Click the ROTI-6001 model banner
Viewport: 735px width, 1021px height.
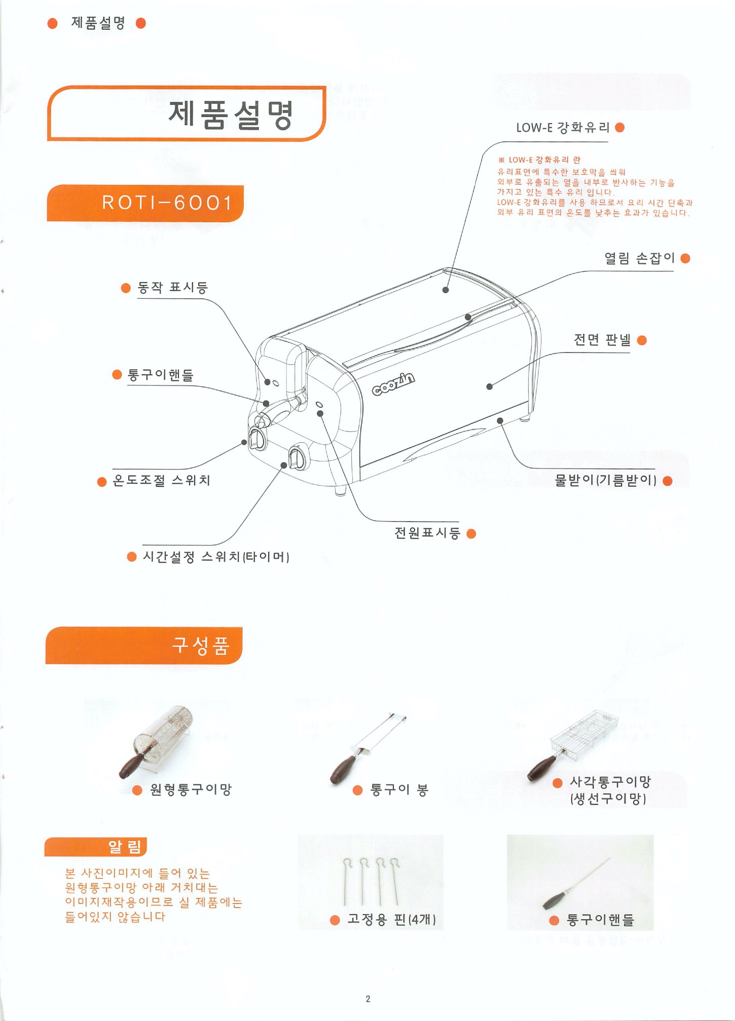pos(145,203)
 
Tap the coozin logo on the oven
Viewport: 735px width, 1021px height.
pos(393,383)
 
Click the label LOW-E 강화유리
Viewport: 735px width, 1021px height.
pos(562,128)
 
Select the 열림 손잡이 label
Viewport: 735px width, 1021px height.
pos(639,258)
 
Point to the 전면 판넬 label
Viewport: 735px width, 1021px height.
pos(602,340)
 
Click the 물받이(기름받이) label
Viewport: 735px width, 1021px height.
pos(605,480)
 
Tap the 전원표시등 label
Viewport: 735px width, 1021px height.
pos(427,533)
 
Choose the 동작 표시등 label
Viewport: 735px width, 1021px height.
pos(173,288)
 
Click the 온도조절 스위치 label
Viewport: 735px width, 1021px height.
pos(161,480)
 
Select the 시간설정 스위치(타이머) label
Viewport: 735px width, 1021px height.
pos(216,557)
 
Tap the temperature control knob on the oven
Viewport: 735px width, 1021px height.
pos(258,438)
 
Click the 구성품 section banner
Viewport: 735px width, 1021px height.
pos(144,645)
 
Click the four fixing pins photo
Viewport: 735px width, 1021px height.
pos(371,881)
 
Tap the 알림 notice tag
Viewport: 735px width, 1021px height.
pos(96,846)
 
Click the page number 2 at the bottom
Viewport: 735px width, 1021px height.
pos(368,999)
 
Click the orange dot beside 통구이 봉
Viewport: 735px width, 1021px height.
pos(358,790)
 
